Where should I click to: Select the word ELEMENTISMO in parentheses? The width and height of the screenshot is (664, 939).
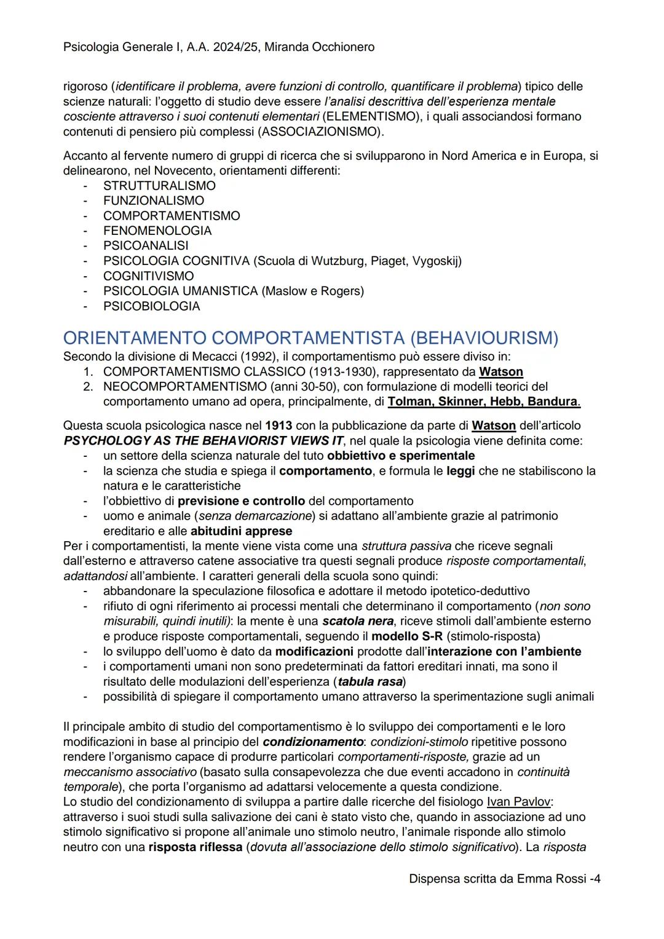371,116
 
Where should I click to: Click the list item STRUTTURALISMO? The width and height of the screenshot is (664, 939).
159,186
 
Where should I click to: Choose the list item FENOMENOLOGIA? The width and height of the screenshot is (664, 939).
157,231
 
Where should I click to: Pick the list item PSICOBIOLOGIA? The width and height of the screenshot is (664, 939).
151,306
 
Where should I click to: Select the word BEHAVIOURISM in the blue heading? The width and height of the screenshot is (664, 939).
483,338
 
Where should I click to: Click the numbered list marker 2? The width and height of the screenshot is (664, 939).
88,387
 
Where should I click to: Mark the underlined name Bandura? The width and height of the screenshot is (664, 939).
553,402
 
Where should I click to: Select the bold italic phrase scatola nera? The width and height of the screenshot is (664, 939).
357,621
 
